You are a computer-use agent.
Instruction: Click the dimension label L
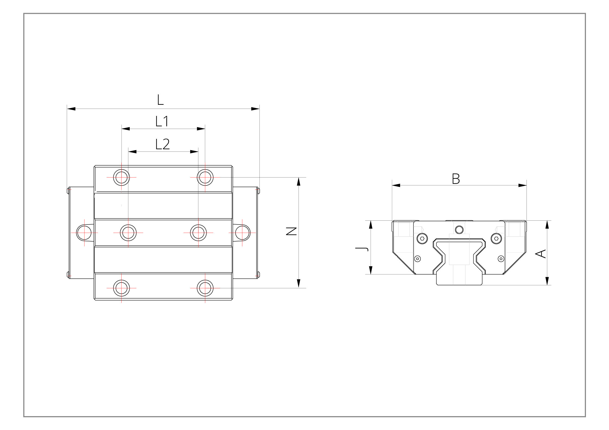(x=160, y=100)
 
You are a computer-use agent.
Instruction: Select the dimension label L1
(x=162, y=121)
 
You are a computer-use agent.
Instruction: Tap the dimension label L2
(x=162, y=144)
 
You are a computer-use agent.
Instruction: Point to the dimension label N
(x=292, y=231)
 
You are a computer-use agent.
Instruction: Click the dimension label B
(x=456, y=179)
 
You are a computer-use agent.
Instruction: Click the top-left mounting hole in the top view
(x=121, y=177)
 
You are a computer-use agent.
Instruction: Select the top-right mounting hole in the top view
(x=205, y=177)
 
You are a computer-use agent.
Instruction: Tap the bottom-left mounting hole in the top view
(x=121, y=288)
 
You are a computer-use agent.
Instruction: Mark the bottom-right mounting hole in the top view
(x=205, y=288)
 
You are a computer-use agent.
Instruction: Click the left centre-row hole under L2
(x=128, y=233)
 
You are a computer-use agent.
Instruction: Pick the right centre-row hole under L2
(x=198, y=233)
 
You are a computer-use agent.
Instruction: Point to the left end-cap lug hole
(x=84, y=233)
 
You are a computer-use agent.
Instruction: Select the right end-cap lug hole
(x=242, y=233)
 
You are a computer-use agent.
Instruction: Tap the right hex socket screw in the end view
(x=496, y=238)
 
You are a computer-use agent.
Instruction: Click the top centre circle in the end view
(x=459, y=230)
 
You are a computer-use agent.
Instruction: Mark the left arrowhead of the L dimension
(x=71, y=109)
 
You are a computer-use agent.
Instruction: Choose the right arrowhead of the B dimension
(x=522, y=185)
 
